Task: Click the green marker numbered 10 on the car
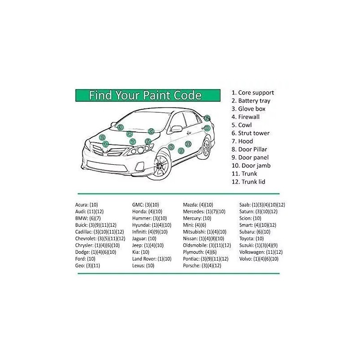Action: pyautogui.click(x=188, y=144)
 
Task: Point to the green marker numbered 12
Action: pyautogui.click(x=207, y=118)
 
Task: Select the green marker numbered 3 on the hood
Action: pyautogui.click(x=120, y=127)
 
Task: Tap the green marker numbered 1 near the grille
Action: pyautogui.click(x=106, y=144)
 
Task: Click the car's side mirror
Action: pyautogui.click(x=176, y=129)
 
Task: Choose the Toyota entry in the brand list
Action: pyautogui.click(x=252, y=238)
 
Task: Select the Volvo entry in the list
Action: pyautogui.click(x=259, y=259)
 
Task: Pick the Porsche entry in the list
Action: pyautogui.click(x=202, y=265)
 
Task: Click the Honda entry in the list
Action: pyautogui.click(x=147, y=211)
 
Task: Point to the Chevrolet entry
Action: pyautogui.click(x=100, y=238)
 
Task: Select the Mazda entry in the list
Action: pyautogui.click(x=198, y=205)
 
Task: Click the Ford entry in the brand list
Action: pyautogui.click(x=85, y=259)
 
